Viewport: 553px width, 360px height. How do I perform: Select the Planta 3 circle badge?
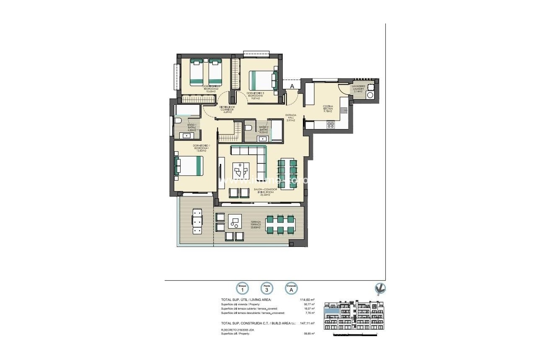pyautogui.click(x=267, y=288)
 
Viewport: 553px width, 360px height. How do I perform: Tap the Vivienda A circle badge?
pyautogui.click(x=292, y=288)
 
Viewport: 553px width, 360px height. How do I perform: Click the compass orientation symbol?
pyautogui.click(x=380, y=288)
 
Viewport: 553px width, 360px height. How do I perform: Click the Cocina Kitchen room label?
pyautogui.click(x=328, y=109)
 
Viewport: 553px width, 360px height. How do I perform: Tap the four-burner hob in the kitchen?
pyautogui.click(x=331, y=124)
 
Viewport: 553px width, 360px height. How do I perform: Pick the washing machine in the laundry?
pyautogui.click(x=370, y=95)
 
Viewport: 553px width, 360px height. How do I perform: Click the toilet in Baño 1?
pyautogui.click(x=178, y=121)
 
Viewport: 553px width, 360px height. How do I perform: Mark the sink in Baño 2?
pyautogui.click(x=263, y=138)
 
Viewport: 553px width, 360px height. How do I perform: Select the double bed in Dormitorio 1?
pyautogui.click(x=189, y=166)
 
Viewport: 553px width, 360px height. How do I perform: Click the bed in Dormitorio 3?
pyautogui.click(x=263, y=80)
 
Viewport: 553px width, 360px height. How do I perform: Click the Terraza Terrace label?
pyautogui.click(x=256, y=223)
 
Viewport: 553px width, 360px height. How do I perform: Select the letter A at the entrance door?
pyautogui.click(x=292, y=86)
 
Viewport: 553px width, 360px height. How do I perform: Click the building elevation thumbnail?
pyautogui.click(x=354, y=316)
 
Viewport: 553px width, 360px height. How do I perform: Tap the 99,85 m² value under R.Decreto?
pyautogui.click(x=309, y=334)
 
